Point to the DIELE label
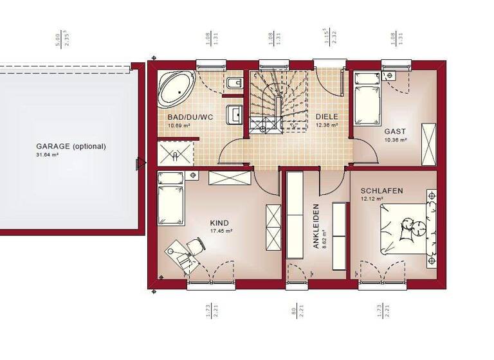(x=326, y=117)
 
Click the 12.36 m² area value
(x=326, y=125)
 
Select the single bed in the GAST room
(x=367, y=97)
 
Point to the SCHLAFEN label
(x=382, y=191)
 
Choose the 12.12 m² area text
(x=372, y=199)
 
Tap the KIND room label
(x=219, y=223)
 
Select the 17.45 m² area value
(x=221, y=231)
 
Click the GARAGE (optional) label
(x=71, y=146)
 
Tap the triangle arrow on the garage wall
(x=139, y=165)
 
